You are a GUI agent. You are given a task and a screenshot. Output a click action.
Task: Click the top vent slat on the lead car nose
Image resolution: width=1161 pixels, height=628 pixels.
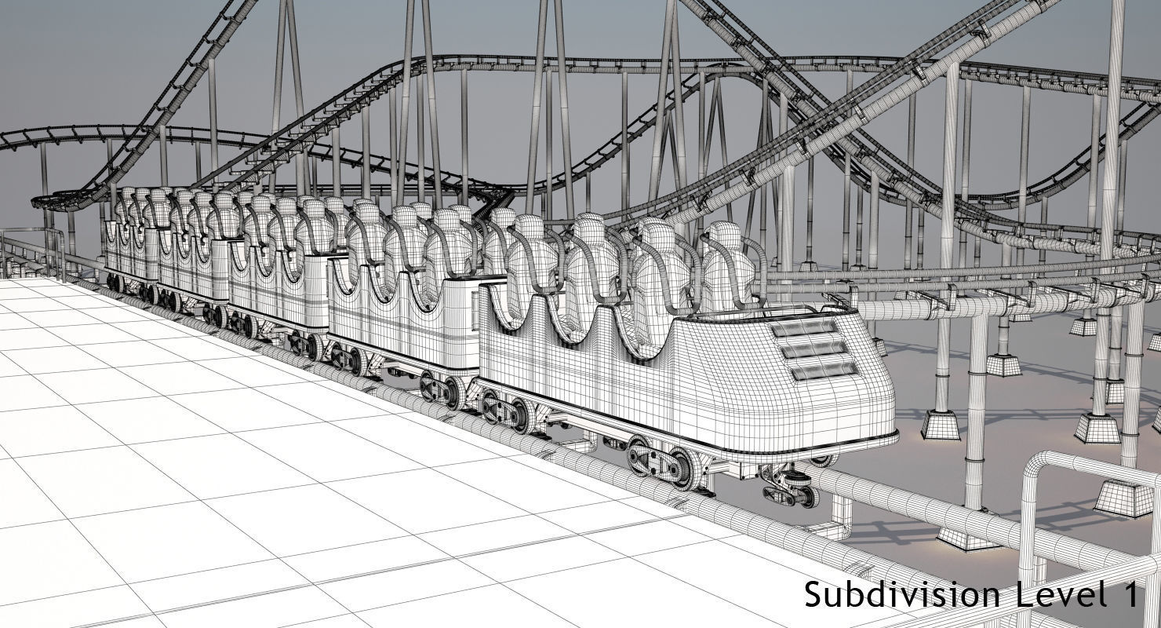(x=804, y=328)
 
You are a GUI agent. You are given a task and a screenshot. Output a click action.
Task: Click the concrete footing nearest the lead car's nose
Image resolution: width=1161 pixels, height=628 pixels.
(x=940, y=425)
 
